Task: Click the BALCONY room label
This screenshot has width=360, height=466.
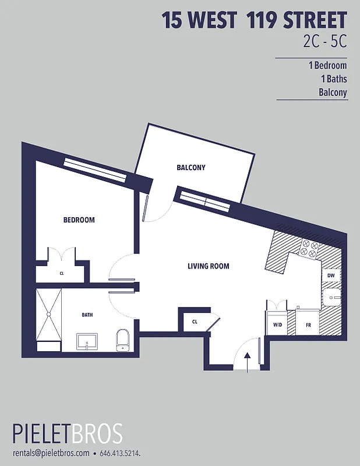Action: [x=191, y=168]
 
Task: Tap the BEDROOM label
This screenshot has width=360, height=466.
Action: [x=79, y=220]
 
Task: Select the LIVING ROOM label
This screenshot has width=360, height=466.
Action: [x=208, y=266]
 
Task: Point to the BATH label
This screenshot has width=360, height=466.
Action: [x=87, y=315]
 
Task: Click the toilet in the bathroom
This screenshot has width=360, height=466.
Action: [x=122, y=339]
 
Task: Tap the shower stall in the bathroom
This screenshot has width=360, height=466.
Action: [x=48, y=315]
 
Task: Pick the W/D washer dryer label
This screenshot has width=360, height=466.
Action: [x=277, y=325]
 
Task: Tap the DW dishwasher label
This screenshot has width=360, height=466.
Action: [x=330, y=276]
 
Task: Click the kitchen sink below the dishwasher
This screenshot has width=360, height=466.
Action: [x=333, y=298]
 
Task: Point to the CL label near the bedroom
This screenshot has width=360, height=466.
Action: [x=61, y=273]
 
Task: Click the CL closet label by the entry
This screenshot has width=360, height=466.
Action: [x=195, y=321]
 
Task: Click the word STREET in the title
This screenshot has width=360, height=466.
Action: [x=315, y=20]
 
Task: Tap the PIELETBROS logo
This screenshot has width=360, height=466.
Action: [x=68, y=435]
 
